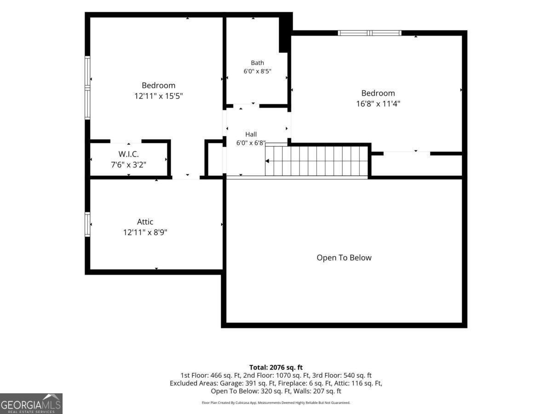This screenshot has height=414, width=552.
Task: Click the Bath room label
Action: click(257, 63)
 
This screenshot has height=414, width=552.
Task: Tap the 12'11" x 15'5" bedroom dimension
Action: click(158, 96)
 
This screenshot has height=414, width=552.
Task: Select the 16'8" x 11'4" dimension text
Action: click(378, 103)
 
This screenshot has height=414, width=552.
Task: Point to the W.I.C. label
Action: click(128, 154)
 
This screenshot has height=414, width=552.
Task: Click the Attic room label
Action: click(145, 222)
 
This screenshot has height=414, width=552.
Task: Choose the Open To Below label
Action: click(344, 258)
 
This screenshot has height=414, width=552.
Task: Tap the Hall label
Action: click(251, 134)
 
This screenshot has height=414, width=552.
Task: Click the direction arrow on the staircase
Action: click(267, 161)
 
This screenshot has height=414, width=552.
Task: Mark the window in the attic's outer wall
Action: click(87, 224)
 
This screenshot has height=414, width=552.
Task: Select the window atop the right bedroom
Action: click(369, 33)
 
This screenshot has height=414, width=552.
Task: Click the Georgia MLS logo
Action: click(31, 403)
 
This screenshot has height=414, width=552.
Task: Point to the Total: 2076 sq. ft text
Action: click(276, 368)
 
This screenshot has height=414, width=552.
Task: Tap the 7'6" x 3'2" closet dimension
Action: click(128, 165)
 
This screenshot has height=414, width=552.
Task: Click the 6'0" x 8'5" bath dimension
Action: click(257, 71)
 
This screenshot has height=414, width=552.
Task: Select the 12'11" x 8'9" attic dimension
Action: click(145, 232)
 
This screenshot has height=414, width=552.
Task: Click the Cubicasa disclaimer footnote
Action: click(276, 402)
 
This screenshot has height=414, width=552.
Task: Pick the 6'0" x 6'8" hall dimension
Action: click(251, 143)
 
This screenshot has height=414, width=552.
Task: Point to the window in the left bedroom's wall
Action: click(87, 88)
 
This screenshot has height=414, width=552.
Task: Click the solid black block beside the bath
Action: click(286, 33)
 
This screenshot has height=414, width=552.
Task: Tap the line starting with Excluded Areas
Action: click(276, 383)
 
